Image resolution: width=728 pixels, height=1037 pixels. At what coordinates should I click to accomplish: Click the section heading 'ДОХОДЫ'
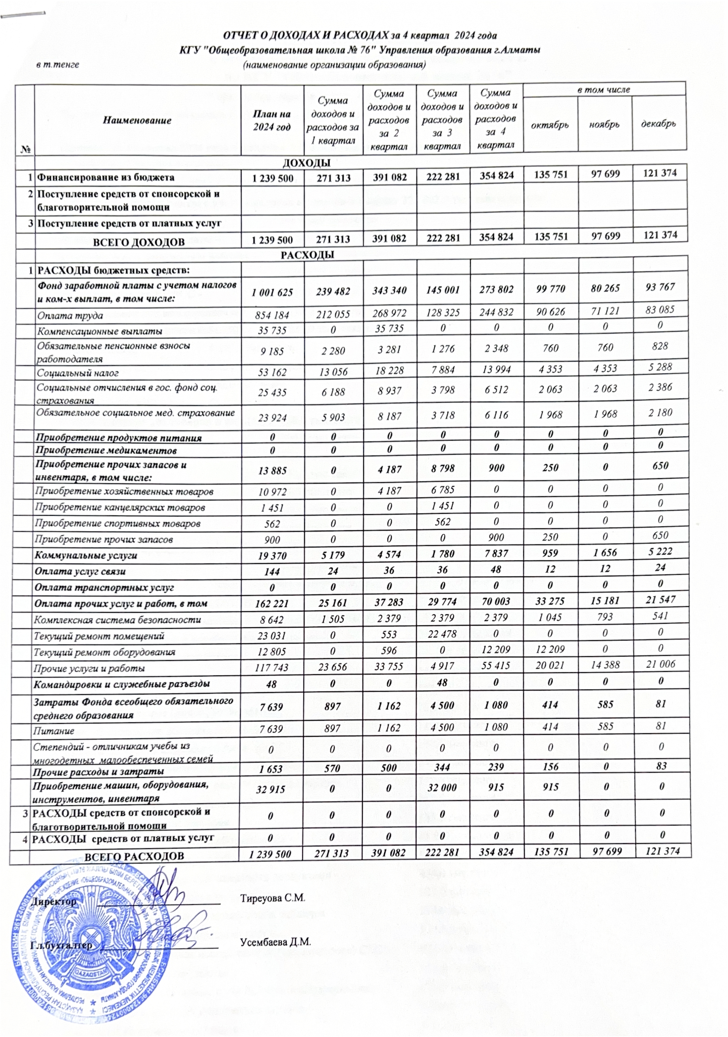tap(306, 163)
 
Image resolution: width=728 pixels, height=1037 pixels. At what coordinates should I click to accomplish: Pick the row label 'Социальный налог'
tap(78, 373)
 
